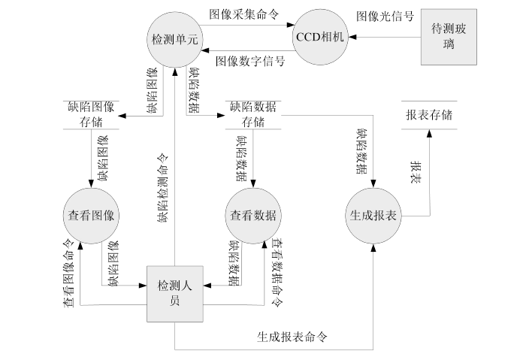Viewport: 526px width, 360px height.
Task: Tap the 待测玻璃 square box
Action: (x=448, y=38)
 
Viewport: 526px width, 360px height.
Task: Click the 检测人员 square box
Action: (x=174, y=293)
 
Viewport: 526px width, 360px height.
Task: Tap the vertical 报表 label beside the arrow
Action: (x=414, y=172)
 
